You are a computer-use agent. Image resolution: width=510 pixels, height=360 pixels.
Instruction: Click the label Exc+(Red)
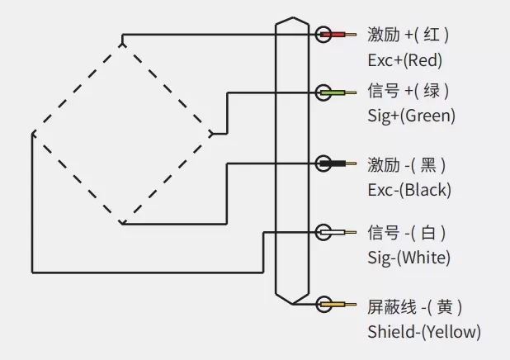point(404,60)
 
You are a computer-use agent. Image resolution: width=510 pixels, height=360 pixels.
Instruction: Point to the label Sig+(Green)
point(411,116)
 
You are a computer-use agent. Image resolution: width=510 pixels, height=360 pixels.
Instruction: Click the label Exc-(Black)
point(409,189)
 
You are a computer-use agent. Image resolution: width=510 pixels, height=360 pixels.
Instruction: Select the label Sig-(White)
point(409,258)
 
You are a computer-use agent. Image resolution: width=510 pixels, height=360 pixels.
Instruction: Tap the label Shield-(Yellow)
point(423,332)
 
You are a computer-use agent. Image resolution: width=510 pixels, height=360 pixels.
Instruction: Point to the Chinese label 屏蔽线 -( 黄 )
point(415,306)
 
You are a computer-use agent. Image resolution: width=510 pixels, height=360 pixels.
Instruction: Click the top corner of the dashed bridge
point(121,40)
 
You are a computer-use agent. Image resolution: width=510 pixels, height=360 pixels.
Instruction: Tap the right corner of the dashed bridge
point(214,132)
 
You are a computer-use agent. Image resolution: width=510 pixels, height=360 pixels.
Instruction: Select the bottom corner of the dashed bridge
point(121,222)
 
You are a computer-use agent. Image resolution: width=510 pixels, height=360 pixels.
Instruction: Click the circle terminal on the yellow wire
point(323,305)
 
